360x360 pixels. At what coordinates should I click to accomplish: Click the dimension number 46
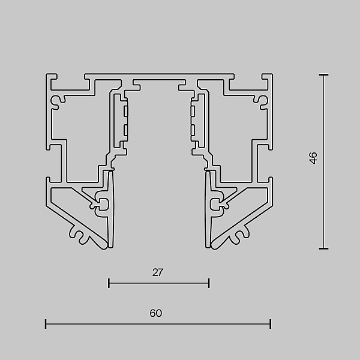(x=313, y=158)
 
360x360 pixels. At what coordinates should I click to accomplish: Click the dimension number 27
(x=158, y=272)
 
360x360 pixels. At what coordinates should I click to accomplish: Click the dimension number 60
(x=156, y=313)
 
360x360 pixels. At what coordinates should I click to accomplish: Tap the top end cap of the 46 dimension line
(x=323, y=74)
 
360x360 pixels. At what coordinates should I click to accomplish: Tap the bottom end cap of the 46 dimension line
(x=323, y=248)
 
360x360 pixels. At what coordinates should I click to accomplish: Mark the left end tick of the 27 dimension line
(x=109, y=283)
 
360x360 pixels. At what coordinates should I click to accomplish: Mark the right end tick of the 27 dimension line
(x=209, y=283)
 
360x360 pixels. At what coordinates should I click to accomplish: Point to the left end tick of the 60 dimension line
(x=46, y=324)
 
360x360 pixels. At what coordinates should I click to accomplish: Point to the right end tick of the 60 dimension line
(x=271, y=324)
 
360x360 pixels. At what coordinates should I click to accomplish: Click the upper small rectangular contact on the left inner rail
(x=125, y=111)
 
